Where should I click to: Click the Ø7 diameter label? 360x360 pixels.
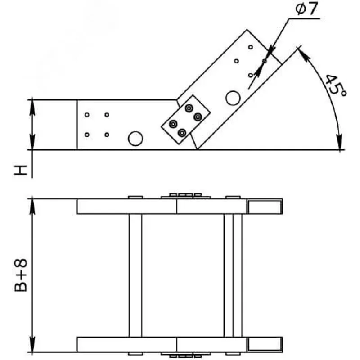click(x=306, y=9)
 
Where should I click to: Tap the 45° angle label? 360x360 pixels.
click(x=336, y=85)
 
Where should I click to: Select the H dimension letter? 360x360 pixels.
click(x=21, y=170)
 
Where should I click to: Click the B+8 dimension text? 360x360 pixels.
click(x=21, y=275)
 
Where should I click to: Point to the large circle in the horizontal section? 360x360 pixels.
click(x=135, y=139)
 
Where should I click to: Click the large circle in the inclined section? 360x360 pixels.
click(x=233, y=98)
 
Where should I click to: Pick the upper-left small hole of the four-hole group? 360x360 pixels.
click(x=87, y=115)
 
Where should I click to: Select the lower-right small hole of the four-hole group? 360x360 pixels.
click(x=107, y=135)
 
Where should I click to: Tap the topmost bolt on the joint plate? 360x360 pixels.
click(x=189, y=108)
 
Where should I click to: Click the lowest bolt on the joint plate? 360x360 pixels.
click(x=182, y=133)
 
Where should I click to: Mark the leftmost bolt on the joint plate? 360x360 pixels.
click(x=173, y=124)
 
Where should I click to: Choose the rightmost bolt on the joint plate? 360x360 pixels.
click(x=198, y=117)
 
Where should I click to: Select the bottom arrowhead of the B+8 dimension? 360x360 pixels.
click(x=32, y=344)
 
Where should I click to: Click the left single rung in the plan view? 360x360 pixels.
click(x=135, y=275)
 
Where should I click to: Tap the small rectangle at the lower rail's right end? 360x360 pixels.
click(x=265, y=344)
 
